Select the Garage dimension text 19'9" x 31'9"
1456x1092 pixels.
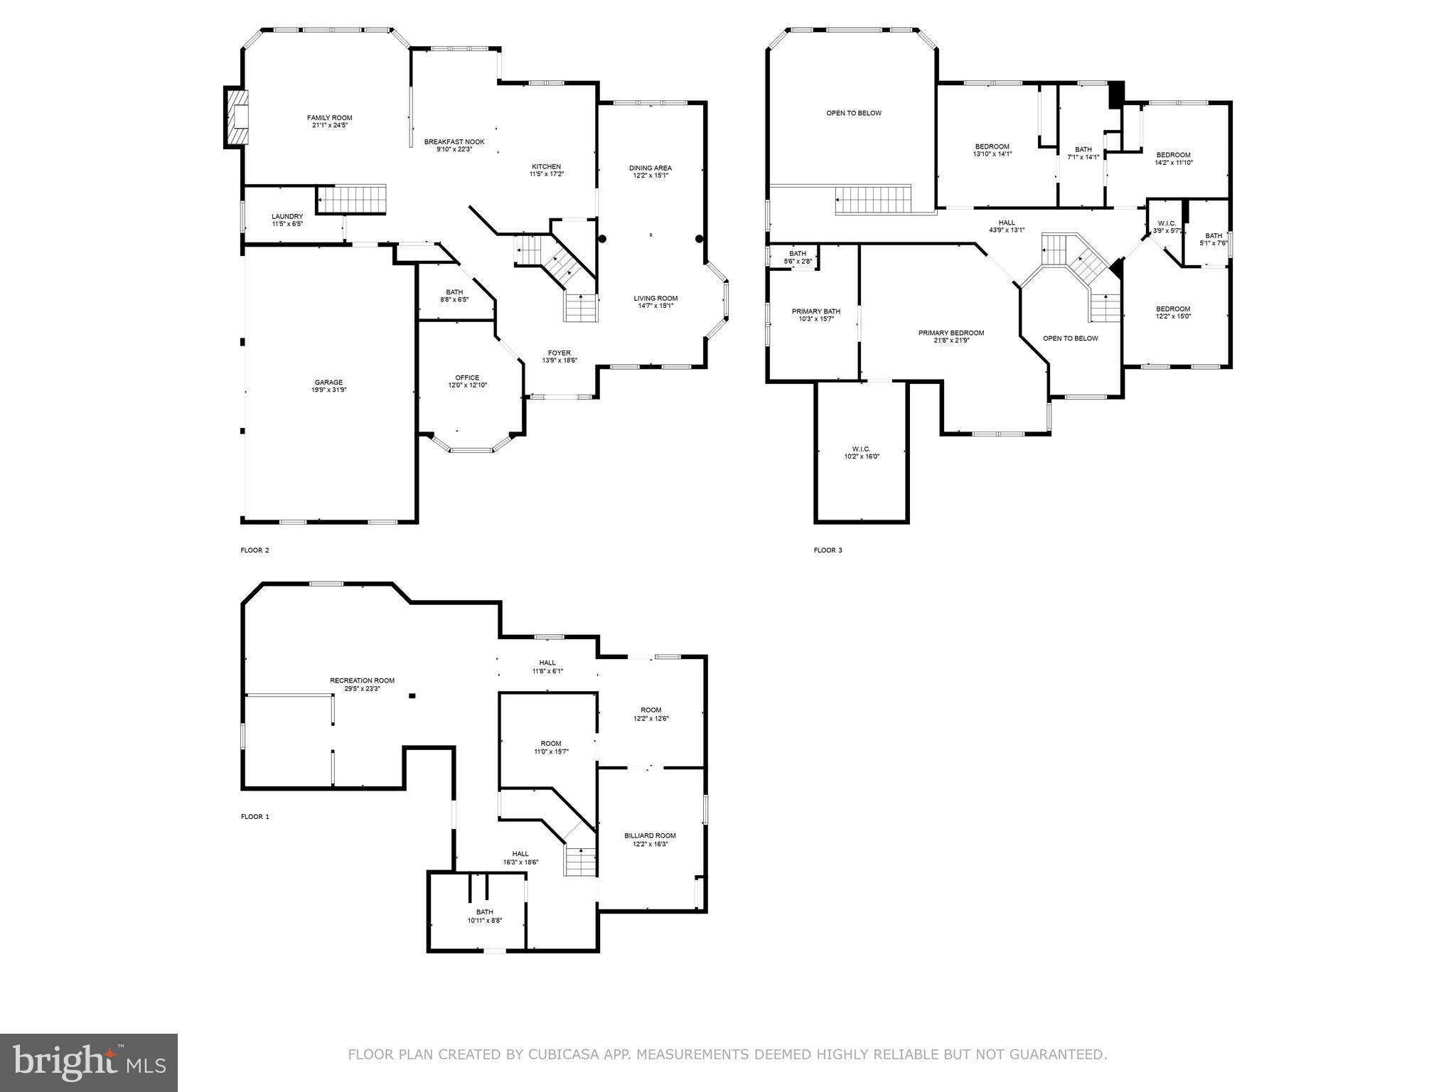point(328,390)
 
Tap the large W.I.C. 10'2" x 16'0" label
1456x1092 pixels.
point(861,453)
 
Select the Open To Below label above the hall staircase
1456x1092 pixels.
point(853,113)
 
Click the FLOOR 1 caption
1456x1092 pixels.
point(255,817)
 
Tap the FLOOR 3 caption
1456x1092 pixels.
point(828,550)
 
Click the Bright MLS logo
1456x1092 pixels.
point(89,1062)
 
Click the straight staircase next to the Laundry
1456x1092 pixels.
point(351,198)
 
